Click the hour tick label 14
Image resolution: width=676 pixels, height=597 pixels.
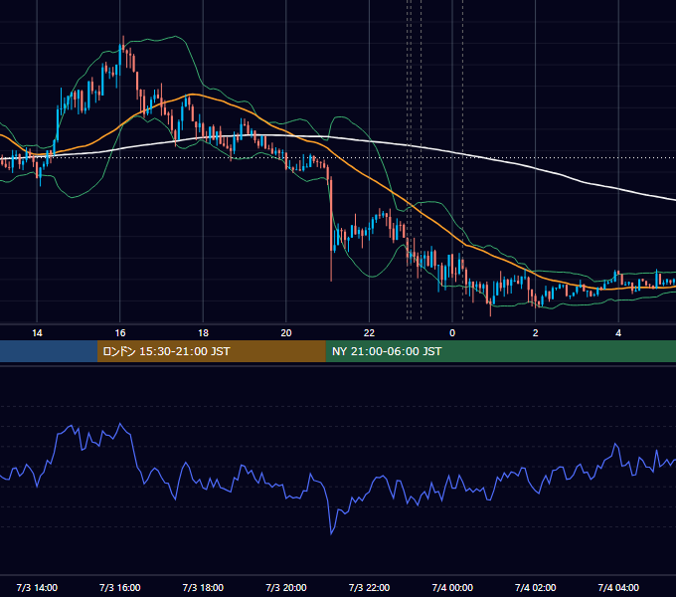coord(37,333)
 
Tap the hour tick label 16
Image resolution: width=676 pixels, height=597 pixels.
coord(120,333)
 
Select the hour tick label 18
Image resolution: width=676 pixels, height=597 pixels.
coord(203,333)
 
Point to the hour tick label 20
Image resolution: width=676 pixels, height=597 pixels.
coord(286,333)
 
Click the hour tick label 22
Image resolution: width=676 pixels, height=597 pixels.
coord(369,333)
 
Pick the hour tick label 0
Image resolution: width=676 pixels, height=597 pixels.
coord(452,333)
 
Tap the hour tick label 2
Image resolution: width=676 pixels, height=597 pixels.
coord(536,333)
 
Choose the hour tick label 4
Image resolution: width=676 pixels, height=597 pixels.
coord(618,333)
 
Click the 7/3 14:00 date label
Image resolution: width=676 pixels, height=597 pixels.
coord(37,587)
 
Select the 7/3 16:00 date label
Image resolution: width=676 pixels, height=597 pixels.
coord(120,587)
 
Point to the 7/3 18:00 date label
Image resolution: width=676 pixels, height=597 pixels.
coord(203,587)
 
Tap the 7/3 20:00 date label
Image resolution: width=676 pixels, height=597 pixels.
coord(286,587)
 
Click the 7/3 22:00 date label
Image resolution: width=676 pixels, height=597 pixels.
coord(369,587)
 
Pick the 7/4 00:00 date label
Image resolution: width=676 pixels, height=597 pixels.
coord(452,587)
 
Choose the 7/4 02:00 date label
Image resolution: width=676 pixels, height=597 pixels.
coord(536,587)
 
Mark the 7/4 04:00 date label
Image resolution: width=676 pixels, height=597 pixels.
coord(618,587)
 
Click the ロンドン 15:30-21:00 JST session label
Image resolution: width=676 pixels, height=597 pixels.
coord(166,351)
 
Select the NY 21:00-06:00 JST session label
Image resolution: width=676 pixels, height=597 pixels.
coord(387,351)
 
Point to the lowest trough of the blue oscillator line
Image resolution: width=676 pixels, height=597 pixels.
coord(331,534)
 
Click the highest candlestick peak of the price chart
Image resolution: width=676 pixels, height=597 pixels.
coord(123,36)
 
